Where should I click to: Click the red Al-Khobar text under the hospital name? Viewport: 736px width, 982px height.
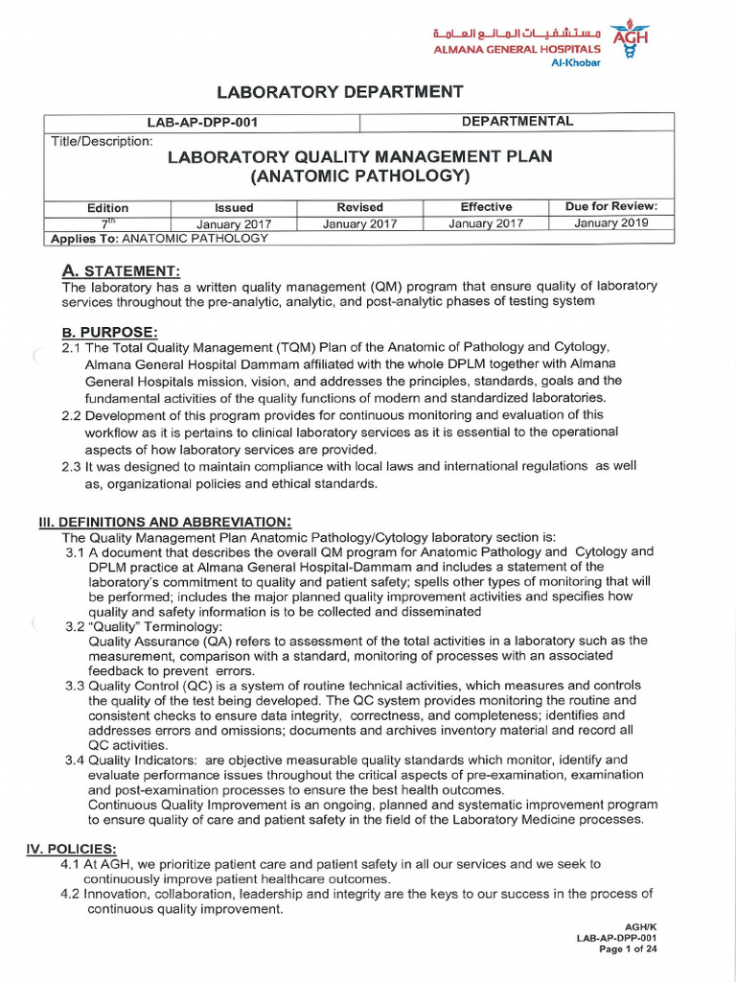pos(576,64)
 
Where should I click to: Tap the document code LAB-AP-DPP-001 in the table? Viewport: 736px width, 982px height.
pos(202,123)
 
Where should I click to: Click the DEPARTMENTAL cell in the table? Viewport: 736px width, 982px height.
pos(517,122)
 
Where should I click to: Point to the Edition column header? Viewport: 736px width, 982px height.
pos(107,208)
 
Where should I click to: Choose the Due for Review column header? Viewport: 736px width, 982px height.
pos(611,207)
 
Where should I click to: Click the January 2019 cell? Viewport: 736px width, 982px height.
pos(611,223)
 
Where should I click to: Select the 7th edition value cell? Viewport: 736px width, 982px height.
pos(107,223)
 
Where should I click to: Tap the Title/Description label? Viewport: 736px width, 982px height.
pos(102,142)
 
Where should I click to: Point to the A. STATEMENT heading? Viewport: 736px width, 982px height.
pos(121,270)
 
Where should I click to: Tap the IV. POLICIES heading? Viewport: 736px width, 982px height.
pos(75,850)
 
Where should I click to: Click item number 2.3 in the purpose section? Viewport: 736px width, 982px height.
pos(72,467)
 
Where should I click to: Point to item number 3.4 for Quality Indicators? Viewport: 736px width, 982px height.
pos(76,760)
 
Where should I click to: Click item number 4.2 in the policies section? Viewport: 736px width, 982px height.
pos(72,894)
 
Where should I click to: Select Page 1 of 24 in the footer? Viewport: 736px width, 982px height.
pos(628,949)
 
